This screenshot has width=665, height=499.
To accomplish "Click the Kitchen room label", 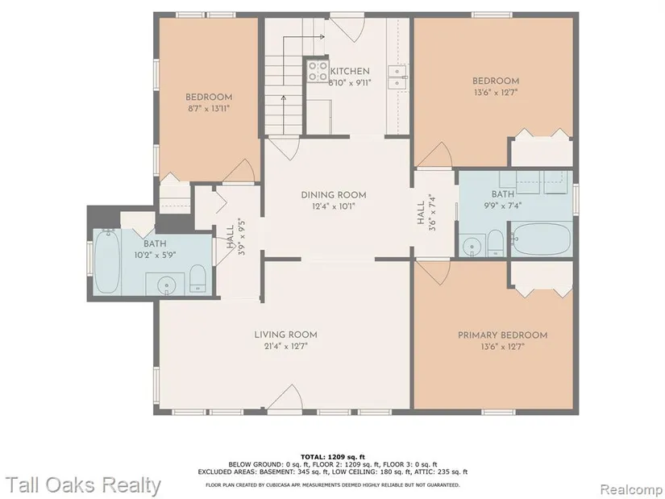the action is (x=350, y=71).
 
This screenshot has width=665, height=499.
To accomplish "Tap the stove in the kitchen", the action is (x=318, y=71).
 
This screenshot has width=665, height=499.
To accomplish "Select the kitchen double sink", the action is (x=398, y=77).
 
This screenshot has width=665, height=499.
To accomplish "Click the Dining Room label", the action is (x=334, y=195).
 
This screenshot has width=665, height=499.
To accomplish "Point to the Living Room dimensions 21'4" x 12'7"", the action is (x=285, y=347).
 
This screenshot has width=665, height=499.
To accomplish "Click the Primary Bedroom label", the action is (x=502, y=335).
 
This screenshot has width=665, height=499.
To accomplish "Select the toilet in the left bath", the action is (x=197, y=278).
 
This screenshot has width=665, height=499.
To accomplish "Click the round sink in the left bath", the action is (x=166, y=285).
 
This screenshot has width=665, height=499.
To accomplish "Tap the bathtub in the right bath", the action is (x=541, y=238).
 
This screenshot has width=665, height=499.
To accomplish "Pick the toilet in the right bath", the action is (x=496, y=243).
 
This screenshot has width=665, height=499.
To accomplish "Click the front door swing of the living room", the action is (x=285, y=397).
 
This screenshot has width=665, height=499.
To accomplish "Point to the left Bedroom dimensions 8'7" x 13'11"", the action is (x=209, y=108).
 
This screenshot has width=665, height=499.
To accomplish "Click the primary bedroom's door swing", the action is (x=434, y=272).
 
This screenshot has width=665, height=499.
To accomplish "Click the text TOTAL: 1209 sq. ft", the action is (x=332, y=457).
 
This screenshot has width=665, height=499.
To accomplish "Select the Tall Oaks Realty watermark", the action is (x=84, y=485).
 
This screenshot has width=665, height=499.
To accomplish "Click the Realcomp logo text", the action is (x=631, y=489).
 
